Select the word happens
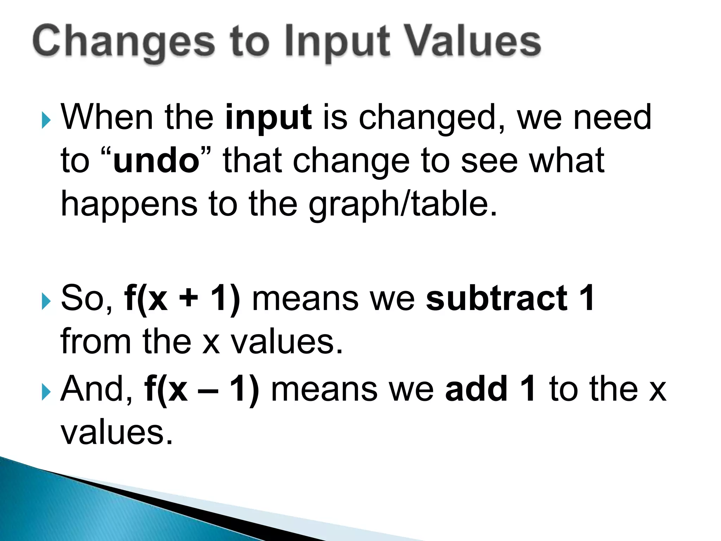click(129, 204)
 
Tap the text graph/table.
click(403, 204)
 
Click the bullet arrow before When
click(46, 120)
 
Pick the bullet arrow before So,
click(46, 301)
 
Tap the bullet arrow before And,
click(46, 392)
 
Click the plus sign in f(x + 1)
click(189, 298)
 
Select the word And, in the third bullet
click(96, 389)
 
